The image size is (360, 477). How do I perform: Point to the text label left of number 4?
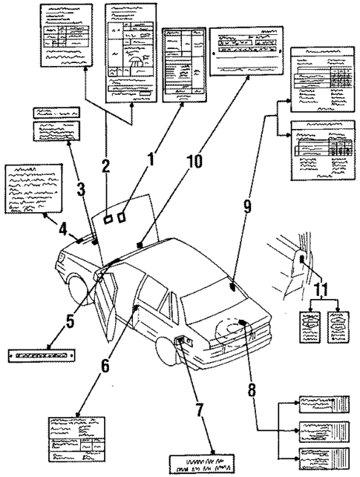pos(31,190)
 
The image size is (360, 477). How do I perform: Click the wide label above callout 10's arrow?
pos(241,51)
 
